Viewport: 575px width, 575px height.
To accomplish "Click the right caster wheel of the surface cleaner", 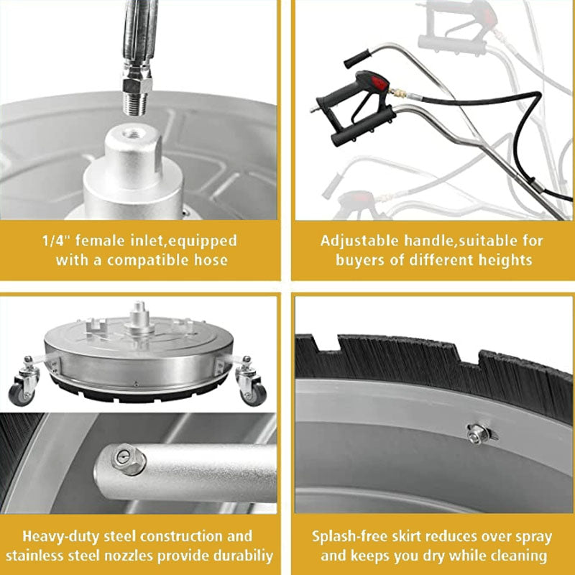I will click(x=256, y=392).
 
